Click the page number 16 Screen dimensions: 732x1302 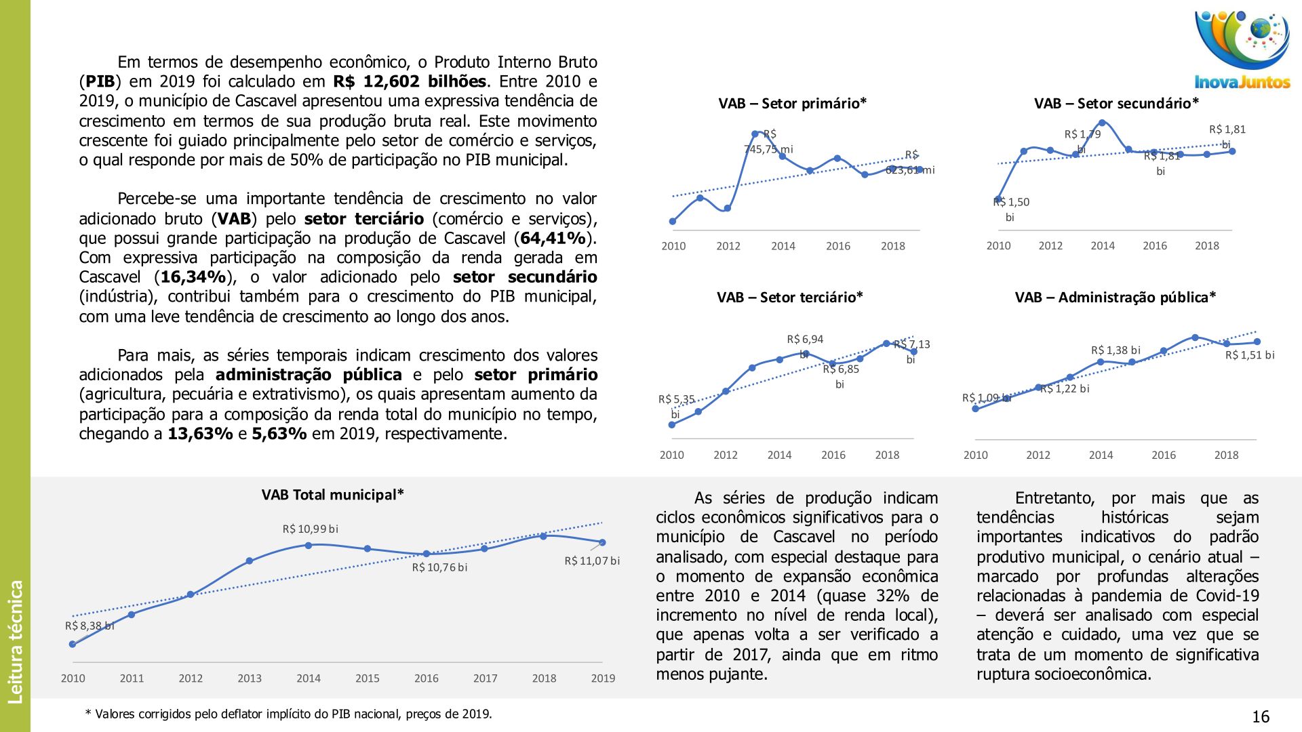(1260, 717)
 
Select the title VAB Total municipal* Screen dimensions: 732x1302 (332, 495)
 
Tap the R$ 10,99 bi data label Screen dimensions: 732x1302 (310, 529)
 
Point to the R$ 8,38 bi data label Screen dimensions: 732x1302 (89, 626)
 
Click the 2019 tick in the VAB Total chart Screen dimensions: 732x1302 (603, 678)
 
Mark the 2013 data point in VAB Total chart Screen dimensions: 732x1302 (250, 561)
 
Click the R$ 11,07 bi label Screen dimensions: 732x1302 (592, 561)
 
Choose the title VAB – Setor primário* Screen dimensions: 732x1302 (792, 104)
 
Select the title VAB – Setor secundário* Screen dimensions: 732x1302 (1116, 104)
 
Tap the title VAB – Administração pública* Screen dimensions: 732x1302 (1115, 298)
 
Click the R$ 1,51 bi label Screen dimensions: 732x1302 (1249, 355)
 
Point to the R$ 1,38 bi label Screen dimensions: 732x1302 (1116, 350)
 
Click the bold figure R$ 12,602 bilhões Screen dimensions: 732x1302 (410, 82)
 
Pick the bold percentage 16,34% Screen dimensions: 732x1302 (193, 277)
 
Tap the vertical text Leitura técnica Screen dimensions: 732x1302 (15, 641)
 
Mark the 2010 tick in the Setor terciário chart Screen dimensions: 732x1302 (671, 455)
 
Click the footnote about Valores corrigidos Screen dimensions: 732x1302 (288, 714)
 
